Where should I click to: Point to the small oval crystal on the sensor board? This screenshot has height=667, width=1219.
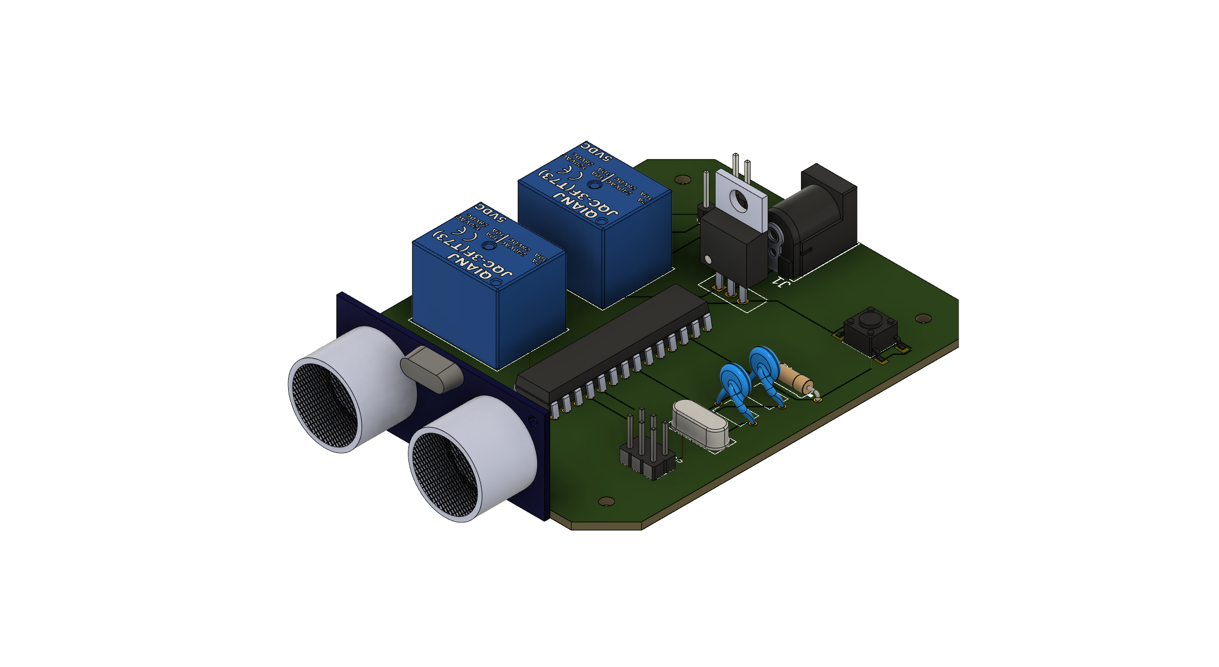[x=431, y=369]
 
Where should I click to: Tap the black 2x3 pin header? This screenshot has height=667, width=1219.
[x=647, y=457]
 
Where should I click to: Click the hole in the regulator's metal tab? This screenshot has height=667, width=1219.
[x=738, y=199]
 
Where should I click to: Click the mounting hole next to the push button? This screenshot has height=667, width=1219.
[x=922, y=318]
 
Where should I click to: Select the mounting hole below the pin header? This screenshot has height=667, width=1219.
[x=606, y=501]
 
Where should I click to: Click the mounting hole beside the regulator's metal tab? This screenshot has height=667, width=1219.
[x=682, y=180]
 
